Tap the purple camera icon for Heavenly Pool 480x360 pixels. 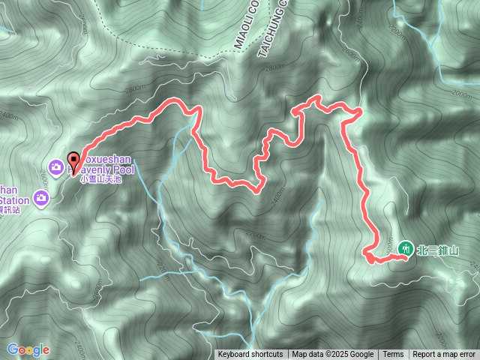[55, 166]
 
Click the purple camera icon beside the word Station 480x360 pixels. [41, 199]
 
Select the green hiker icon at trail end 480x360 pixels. [406, 246]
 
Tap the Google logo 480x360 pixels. [28, 349]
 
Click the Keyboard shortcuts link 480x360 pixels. [250, 355]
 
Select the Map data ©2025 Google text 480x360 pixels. [333, 355]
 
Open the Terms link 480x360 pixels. [393, 355]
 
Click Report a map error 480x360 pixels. [444, 355]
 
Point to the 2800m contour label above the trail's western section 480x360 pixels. [137, 90]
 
